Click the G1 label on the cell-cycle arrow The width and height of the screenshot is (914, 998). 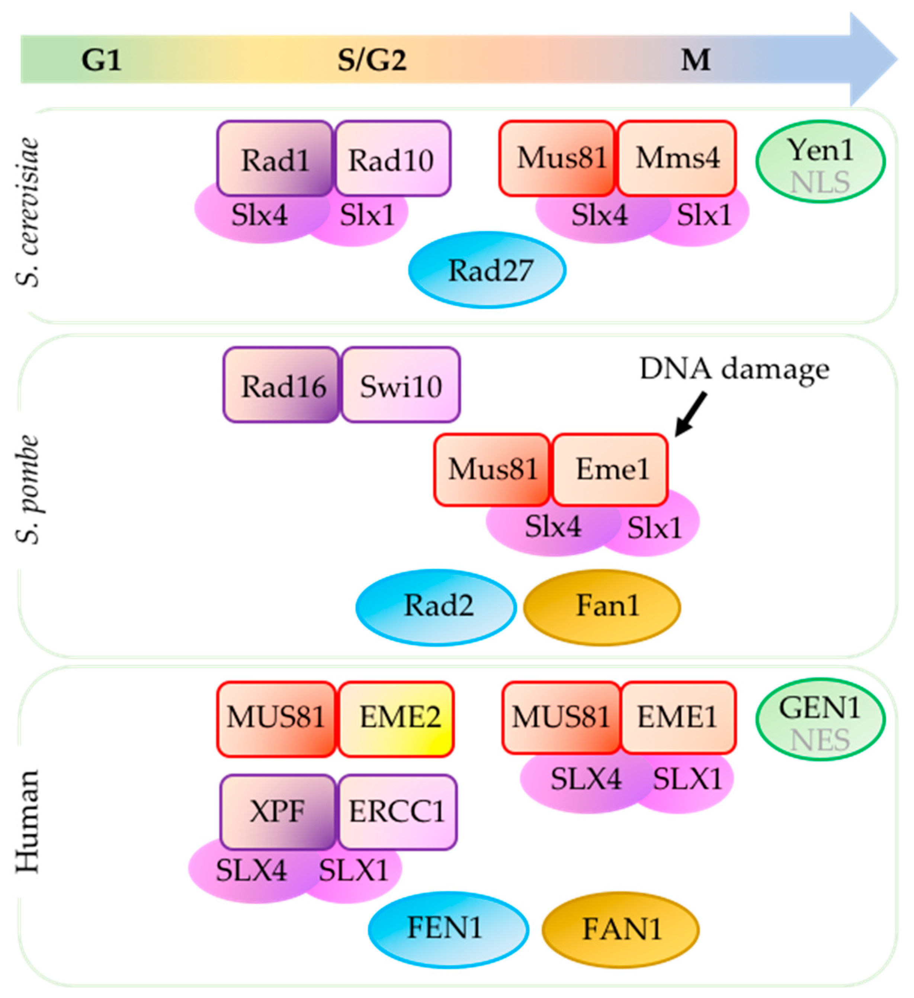pos(101,60)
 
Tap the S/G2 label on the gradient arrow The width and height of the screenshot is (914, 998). pos(372,60)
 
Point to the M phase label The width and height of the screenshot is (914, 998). pos(696,60)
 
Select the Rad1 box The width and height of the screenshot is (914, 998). pos(275,158)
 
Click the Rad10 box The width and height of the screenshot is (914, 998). pos(392,158)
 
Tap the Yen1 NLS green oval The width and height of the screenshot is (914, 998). pos(820,162)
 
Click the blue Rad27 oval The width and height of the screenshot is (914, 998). pos(487,270)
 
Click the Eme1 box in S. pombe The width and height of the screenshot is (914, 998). pos(610,469)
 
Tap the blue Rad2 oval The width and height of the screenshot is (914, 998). pos(436,607)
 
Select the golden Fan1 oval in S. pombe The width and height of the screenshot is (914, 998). pos(602,607)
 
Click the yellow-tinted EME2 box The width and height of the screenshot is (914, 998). pos(396,719)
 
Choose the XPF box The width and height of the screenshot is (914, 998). pos(278,812)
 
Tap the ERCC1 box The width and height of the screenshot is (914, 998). pos(397,812)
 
